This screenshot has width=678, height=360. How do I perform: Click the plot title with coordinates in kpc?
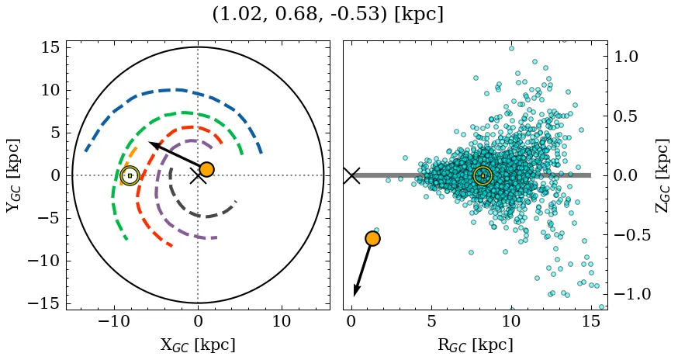pos(327,15)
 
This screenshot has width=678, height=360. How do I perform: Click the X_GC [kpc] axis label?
pos(198,345)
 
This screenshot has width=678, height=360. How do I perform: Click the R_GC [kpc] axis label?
pos(475,345)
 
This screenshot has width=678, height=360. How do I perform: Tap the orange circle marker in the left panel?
pos(206,169)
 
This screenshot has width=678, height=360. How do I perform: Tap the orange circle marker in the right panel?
pos(372,239)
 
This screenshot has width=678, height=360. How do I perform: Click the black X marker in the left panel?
pos(198,175)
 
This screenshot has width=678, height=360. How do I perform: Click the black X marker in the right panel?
pos(351,175)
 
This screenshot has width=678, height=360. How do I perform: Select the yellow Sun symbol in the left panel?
pos(130,175)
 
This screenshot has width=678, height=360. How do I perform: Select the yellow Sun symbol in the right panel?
pos(483,175)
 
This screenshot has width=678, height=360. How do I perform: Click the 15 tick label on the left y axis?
pos(49,47)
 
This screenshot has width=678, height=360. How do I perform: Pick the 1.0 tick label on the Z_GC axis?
pos(625,57)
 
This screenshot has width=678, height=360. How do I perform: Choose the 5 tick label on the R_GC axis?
pos(431,321)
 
